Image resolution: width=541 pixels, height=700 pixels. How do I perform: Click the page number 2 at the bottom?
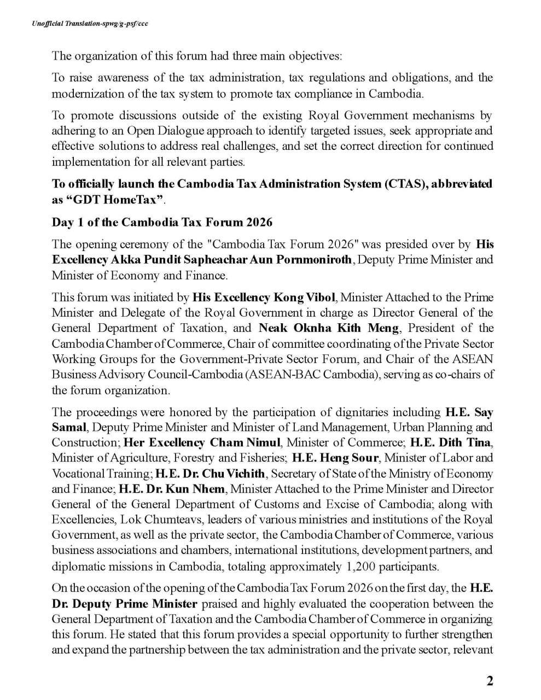click(x=490, y=681)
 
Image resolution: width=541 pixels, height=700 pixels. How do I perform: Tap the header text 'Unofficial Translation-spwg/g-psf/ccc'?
click(x=90, y=24)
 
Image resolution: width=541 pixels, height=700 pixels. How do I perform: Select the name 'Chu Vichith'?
click(x=234, y=473)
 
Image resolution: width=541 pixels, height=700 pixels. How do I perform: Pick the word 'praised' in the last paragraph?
click(x=218, y=604)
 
